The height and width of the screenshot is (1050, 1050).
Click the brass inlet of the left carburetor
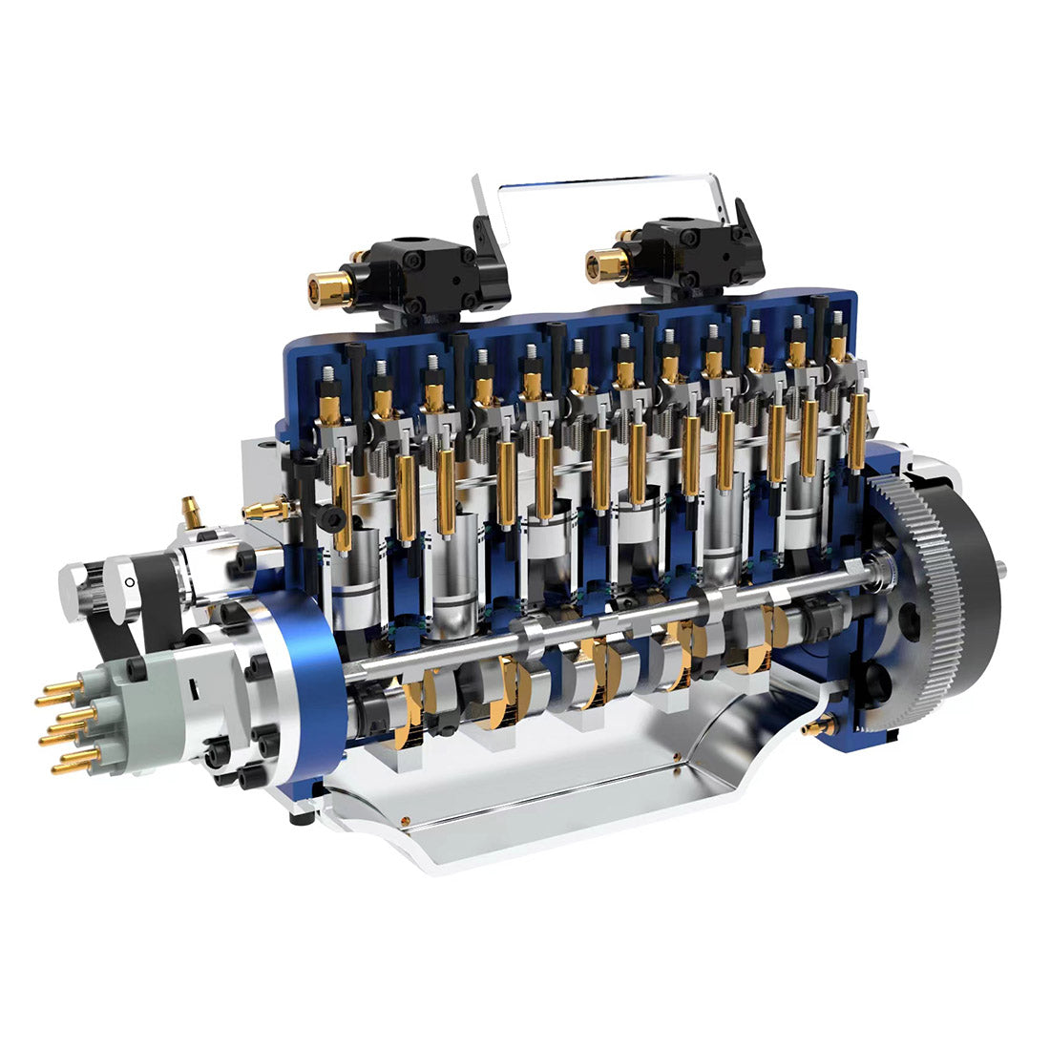click(x=328, y=289)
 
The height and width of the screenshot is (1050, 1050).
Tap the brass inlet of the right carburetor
click(x=606, y=264)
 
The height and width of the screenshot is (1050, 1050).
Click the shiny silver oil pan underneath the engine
click(x=535, y=792)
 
